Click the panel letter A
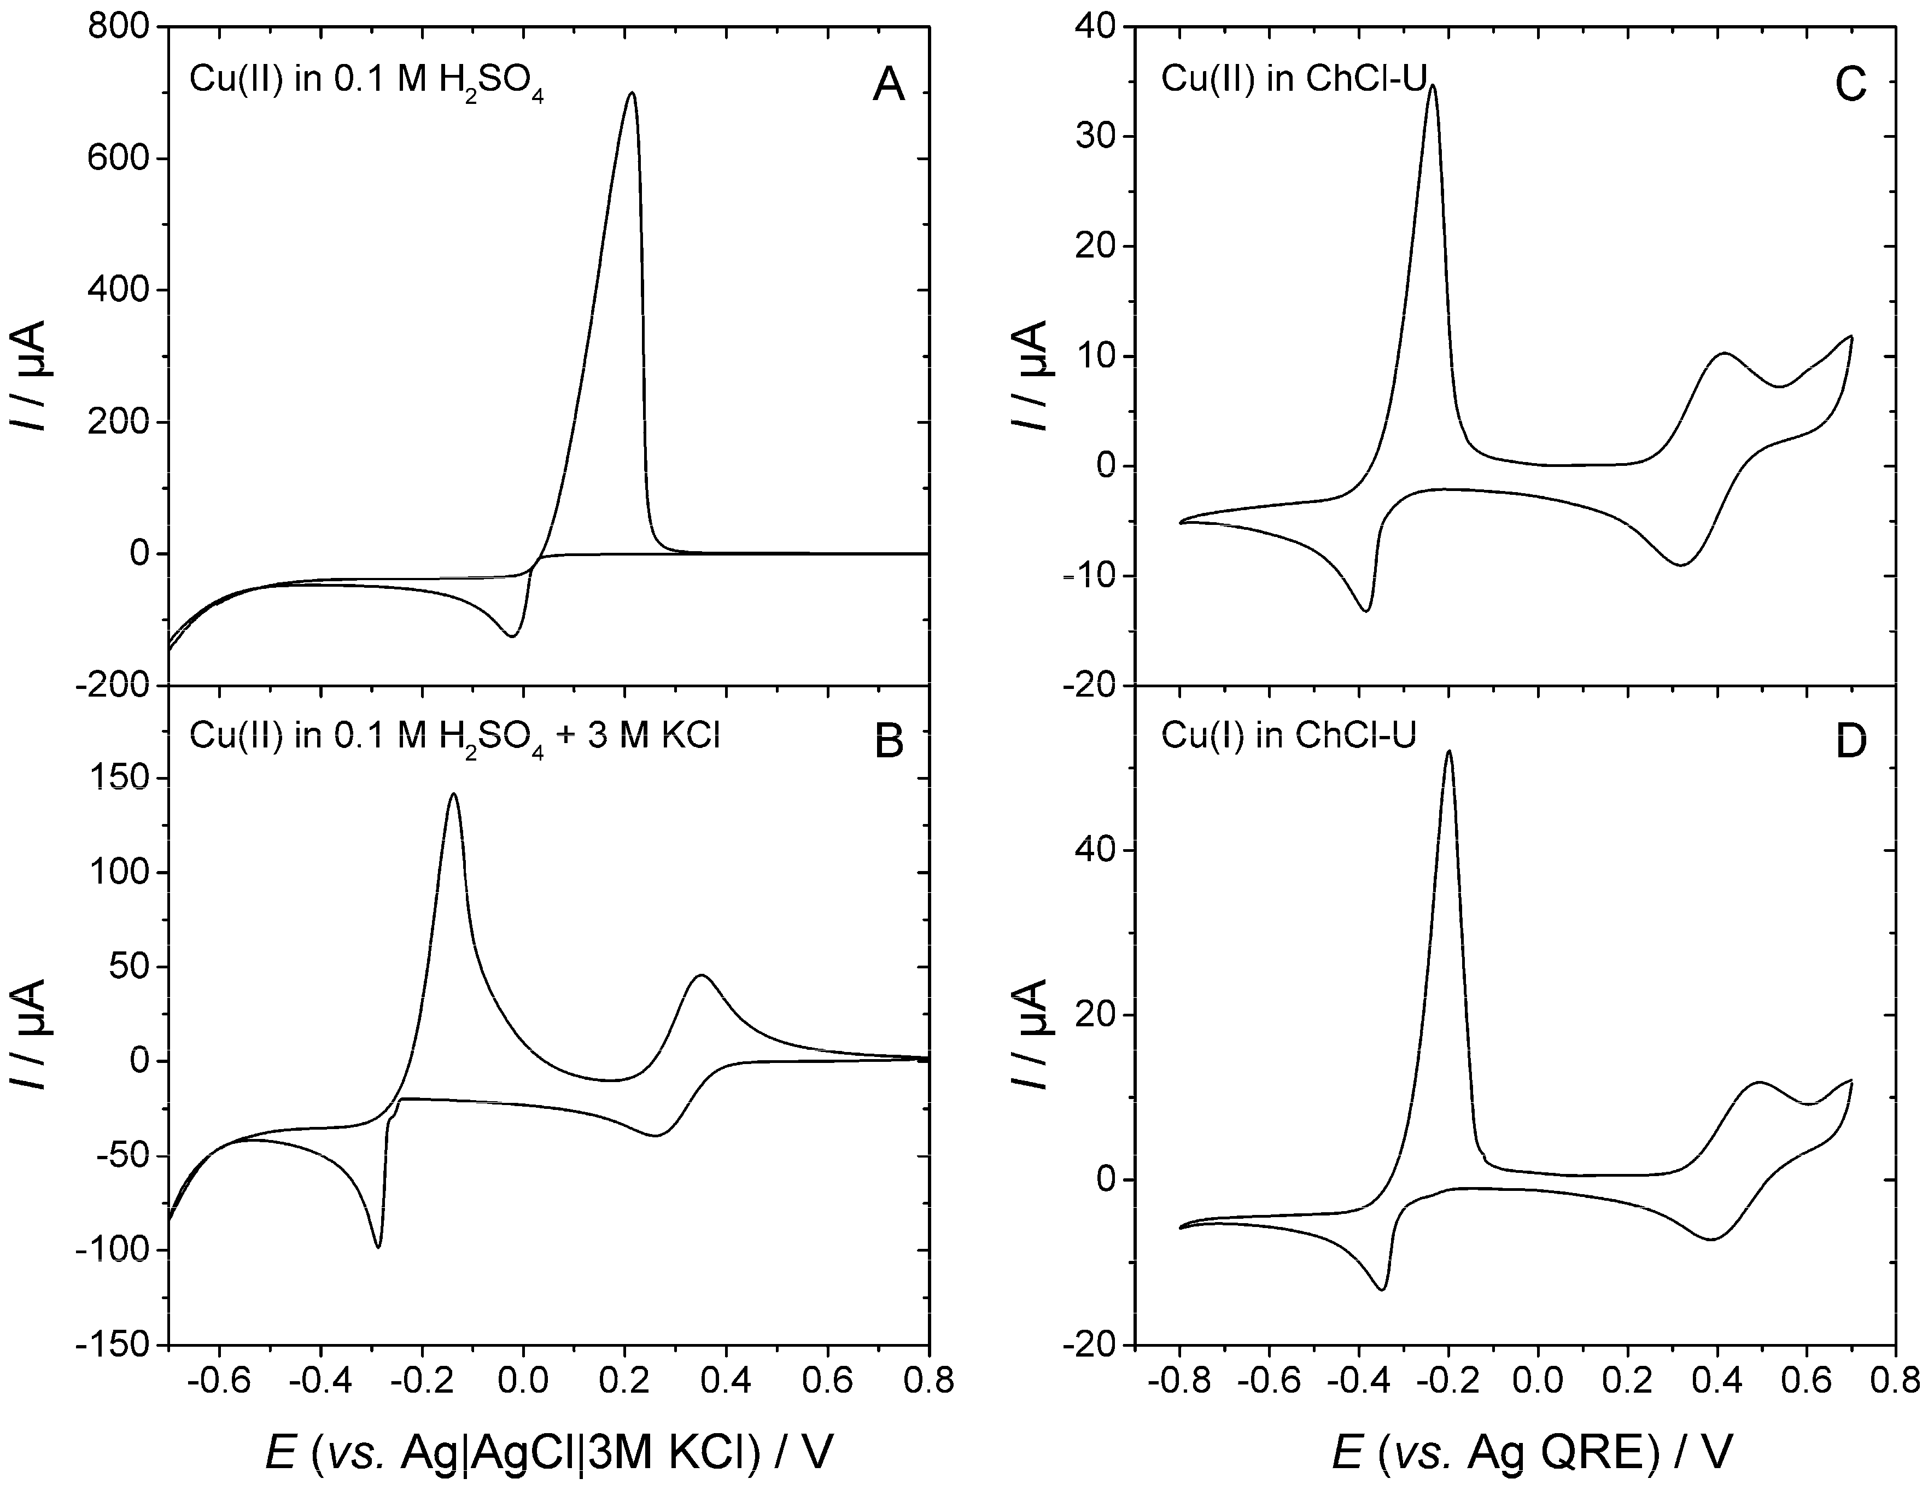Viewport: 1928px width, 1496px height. tap(888, 86)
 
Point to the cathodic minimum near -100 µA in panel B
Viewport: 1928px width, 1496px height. tap(378, 1246)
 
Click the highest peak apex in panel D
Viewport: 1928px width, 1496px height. tap(1448, 752)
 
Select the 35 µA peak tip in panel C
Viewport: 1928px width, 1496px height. tap(1432, 86)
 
